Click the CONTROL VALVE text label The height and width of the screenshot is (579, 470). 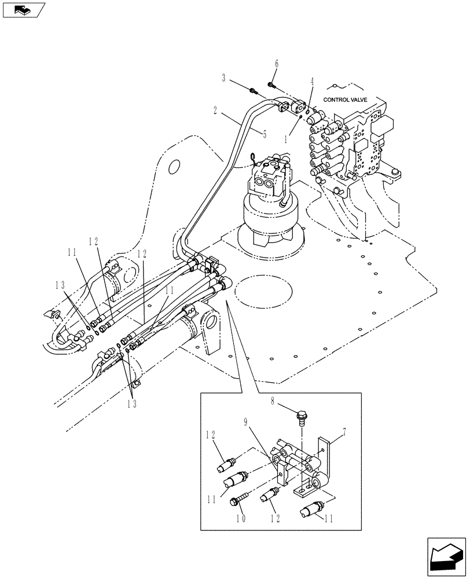pyautogui.click(x=346, y=100)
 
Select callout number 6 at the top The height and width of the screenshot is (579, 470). pyautogui.click(x=277, y=64)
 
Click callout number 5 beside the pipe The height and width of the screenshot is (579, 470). pyautogui.click(x=264, y=134)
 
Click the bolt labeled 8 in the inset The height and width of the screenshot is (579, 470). pyautogui.click(x=301, y=416)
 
